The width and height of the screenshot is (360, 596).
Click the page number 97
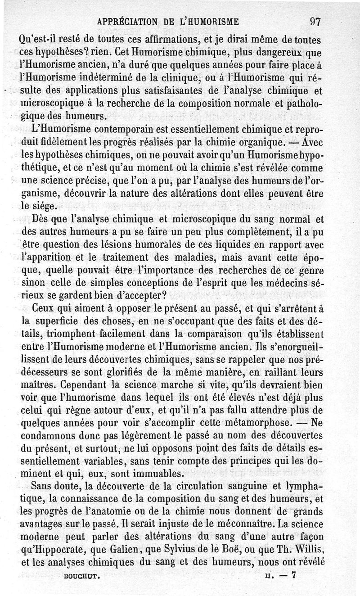coord(315,21)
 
